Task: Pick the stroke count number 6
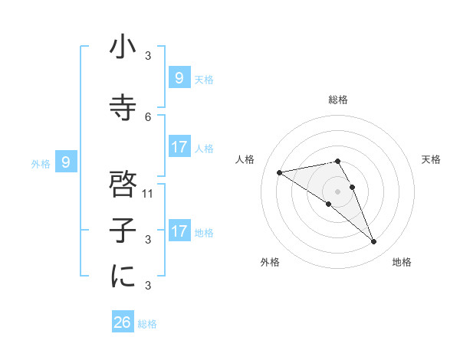tap(148, 116)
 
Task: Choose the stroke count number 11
tap(148, 193)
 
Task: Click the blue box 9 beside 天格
tap(179, 77)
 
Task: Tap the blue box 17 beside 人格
tap(179, 147)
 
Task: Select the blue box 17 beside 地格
tap(179, 231)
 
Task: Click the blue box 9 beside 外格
tap(66, 162)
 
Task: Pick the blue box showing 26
tap(123, 322)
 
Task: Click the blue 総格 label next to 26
tap(148, 324)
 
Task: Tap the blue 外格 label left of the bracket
tap(41, 163)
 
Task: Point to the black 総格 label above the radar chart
tap(337, 100)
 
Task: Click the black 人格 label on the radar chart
tap(245, 159)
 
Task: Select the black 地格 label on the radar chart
tap(402, 262)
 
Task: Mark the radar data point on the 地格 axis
tap(374, 242)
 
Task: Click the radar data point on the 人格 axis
tap(279, 172)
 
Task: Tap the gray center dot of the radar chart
tap(337, 191)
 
